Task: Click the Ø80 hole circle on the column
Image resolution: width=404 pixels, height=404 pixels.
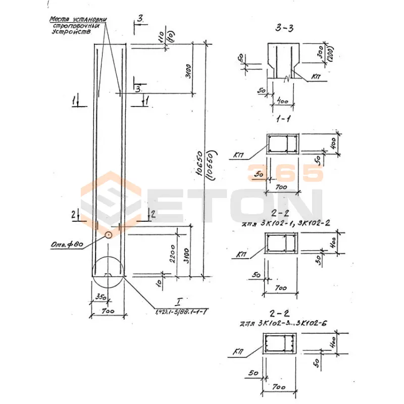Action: tap(108, 235)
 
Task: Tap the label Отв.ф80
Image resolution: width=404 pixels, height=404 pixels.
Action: tap(67, 246)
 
